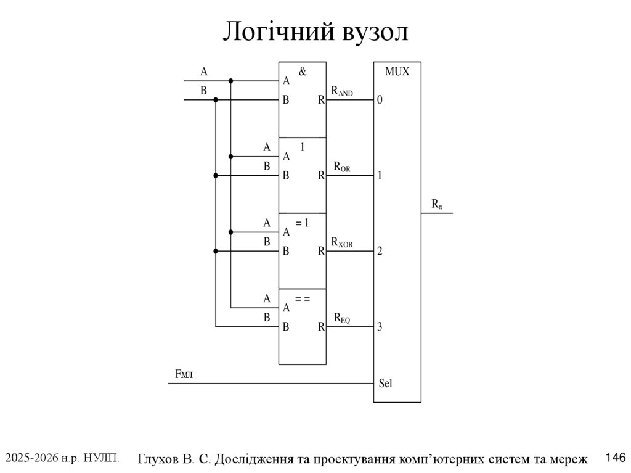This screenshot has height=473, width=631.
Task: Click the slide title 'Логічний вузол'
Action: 315,32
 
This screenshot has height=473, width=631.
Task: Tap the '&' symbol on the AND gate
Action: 302,72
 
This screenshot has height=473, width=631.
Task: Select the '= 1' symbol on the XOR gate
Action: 302,223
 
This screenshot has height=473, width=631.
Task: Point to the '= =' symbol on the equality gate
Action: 302,298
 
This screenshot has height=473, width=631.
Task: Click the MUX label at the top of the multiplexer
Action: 397,72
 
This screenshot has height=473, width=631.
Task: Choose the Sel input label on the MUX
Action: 385,384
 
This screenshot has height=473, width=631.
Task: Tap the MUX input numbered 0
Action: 380,100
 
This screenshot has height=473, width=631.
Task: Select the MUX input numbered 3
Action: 380,327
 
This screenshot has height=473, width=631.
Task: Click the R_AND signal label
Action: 342,91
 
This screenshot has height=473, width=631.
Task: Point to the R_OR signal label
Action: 342,167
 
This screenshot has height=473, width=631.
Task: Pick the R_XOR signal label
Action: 342,242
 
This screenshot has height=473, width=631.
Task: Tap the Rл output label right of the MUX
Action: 436,204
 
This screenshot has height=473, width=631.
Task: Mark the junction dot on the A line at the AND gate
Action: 231,81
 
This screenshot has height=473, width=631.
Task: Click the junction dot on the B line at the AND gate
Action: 216,99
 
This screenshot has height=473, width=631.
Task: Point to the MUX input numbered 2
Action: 380,252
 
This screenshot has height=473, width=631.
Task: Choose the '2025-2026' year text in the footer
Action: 28,458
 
